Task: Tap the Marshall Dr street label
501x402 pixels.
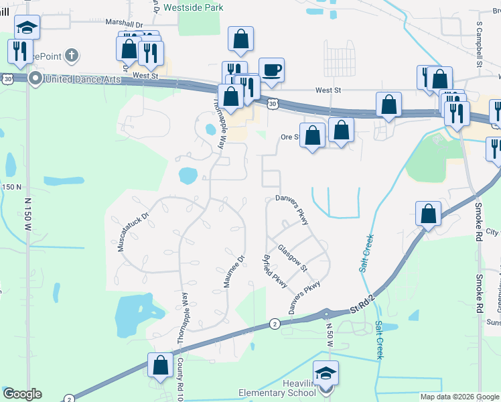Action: pos(125,23)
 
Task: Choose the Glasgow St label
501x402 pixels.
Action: pos(293,258)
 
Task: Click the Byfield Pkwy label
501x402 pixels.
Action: pos(275,271)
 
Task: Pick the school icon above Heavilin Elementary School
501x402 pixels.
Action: pos(326,373)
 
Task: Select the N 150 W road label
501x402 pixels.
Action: pos(28,215)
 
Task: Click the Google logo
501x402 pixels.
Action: pos(22,394)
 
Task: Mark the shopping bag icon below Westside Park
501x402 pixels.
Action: pos(240,40)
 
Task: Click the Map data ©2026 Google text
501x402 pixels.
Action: pos(459,397)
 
